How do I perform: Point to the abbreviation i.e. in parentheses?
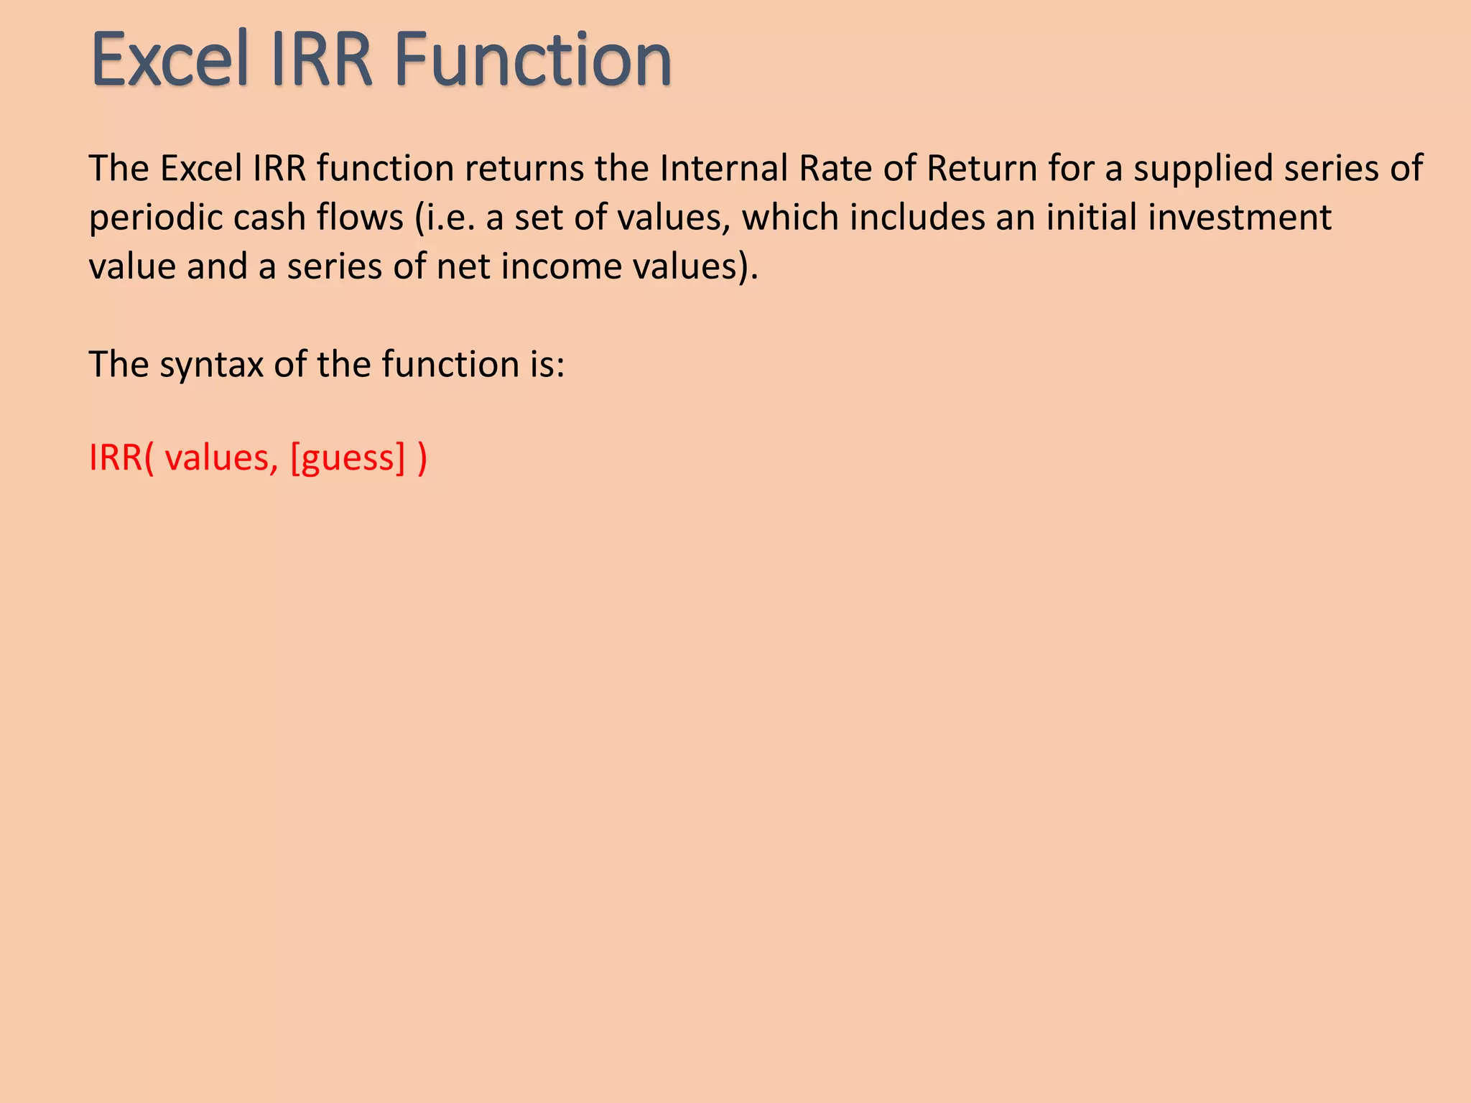(x=449, y=218)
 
